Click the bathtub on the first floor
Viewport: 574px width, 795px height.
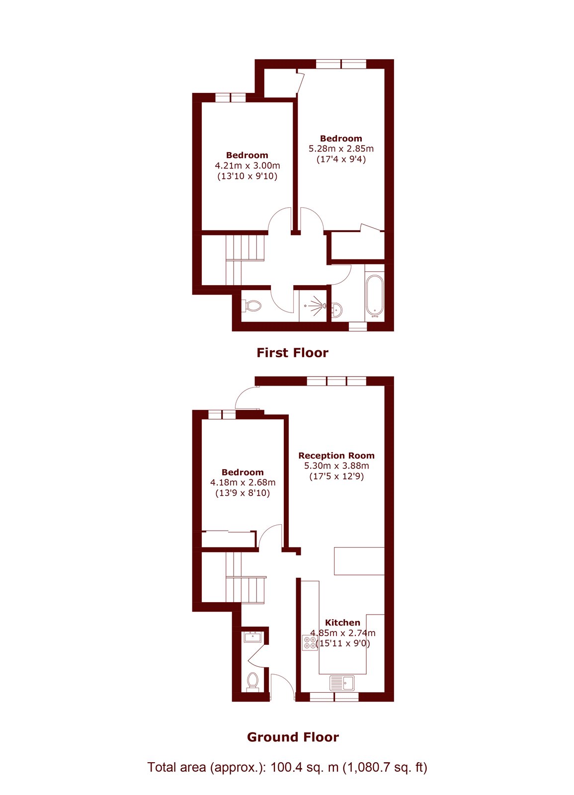click(x=375, y=295)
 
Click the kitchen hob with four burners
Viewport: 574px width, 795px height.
click(x=310, y=643)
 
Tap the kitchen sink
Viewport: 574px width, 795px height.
click(x=342, y=683)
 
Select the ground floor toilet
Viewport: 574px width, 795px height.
click(x=253, y=681)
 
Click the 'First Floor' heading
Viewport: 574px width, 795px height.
click(x=293, y=353)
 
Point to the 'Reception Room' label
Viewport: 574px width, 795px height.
click(x=336, y=455)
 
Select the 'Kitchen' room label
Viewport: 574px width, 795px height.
click(x=342, y=623)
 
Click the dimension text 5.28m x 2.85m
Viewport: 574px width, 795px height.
click(x=341, y=149)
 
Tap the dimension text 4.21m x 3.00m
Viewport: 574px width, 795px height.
click(x=247, y=165)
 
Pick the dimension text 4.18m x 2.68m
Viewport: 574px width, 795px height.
click(x=243, y=482)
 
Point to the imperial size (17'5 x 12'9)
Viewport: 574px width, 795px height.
click(x=336, y=476)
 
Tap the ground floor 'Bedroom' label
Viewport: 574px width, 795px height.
click(x=243, y=472)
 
